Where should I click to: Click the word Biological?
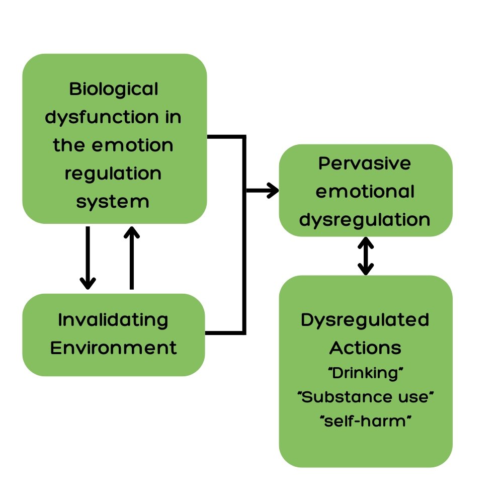(114, 90)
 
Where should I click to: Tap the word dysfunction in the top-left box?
(102, 117)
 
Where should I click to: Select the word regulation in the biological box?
(113, 174)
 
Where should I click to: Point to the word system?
(113, 202)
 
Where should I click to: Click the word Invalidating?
(113, 320)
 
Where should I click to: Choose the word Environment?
(114, 348)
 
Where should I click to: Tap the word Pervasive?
(365, 163)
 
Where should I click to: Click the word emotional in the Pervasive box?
(365, 192)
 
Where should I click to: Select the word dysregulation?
(365, 220)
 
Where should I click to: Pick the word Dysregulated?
(365, 320)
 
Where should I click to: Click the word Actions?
(365, 348)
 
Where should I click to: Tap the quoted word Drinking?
(366, 374)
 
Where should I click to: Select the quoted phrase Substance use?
(366, 397)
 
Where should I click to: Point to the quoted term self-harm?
(366, 421)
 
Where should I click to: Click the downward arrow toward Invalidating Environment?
(88, 258)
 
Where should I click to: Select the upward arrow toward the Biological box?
(131, 258)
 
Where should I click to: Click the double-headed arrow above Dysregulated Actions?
(366, 256)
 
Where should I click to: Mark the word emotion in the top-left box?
(132, 145)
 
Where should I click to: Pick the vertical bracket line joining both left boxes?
(244, 235)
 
